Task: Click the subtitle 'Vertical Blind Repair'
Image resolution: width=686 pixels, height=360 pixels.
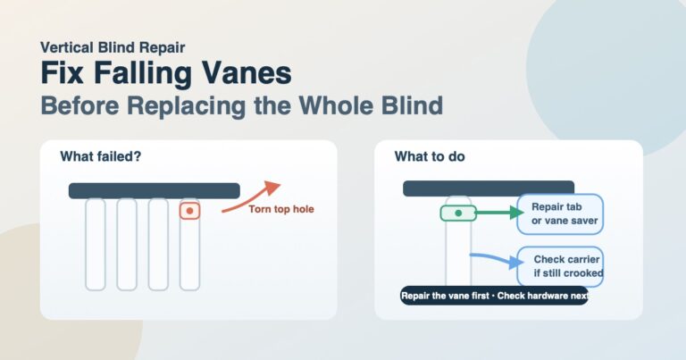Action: tap(113, 47)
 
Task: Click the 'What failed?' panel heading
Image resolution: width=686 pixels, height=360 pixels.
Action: tap(101, 156)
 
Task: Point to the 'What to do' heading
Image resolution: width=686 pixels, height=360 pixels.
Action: tap(430, 156)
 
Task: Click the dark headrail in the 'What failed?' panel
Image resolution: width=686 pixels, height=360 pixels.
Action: tap(154, 190)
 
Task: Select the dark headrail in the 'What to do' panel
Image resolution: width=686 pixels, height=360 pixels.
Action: tap(489, 188)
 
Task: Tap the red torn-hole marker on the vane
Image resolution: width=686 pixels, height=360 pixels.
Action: tap(189, 211)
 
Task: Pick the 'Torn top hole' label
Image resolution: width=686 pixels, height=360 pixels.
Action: tap(281, 209)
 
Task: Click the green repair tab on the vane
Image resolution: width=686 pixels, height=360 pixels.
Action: tap(458, 213)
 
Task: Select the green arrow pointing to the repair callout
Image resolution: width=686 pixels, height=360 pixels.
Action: tap(499, 213)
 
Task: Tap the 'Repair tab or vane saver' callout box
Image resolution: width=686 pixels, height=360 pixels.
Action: tap(560, 213)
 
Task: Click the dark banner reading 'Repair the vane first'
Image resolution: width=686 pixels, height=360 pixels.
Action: tap(494, 296)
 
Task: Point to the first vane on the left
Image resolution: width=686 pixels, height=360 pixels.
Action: tap(96, 245)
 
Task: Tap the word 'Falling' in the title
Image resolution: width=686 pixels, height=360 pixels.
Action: tap(143, 73)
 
